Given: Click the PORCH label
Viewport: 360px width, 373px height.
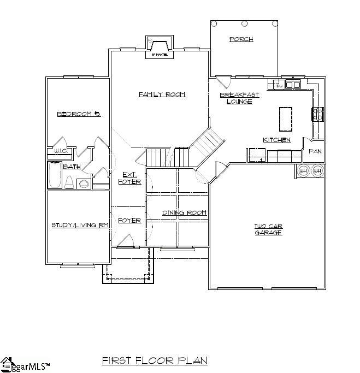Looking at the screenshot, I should click(x=241, y=39).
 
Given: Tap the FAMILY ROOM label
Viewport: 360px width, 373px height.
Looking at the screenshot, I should click(x=162, y=94).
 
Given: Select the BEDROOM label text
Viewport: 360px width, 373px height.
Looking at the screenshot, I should click(x=79, y=114).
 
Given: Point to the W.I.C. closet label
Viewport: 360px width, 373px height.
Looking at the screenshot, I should click(x=60, y=151).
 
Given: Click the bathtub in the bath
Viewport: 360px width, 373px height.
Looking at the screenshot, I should click(x=54, y=175).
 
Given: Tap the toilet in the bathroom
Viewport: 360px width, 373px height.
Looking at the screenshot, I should click(x=69, y=182).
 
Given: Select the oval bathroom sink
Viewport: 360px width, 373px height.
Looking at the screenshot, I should click(x=84, y=183).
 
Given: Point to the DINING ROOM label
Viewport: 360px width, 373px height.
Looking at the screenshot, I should click(x=184, y=212).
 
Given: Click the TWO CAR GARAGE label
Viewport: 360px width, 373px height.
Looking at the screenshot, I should click(x=268, y=229).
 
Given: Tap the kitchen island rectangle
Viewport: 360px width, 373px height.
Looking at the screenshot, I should click(x=286, y=119).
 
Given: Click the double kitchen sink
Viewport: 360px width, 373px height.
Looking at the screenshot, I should click(x=293, y=85).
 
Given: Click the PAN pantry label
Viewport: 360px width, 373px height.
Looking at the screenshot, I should click(x=315, y=151).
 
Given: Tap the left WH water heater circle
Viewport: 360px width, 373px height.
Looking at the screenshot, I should click(x=303, y=171).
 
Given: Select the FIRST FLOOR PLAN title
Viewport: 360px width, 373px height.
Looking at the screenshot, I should click(x=155, y=361).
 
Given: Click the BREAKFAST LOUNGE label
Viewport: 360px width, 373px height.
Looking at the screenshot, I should click(x=239, y=98).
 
